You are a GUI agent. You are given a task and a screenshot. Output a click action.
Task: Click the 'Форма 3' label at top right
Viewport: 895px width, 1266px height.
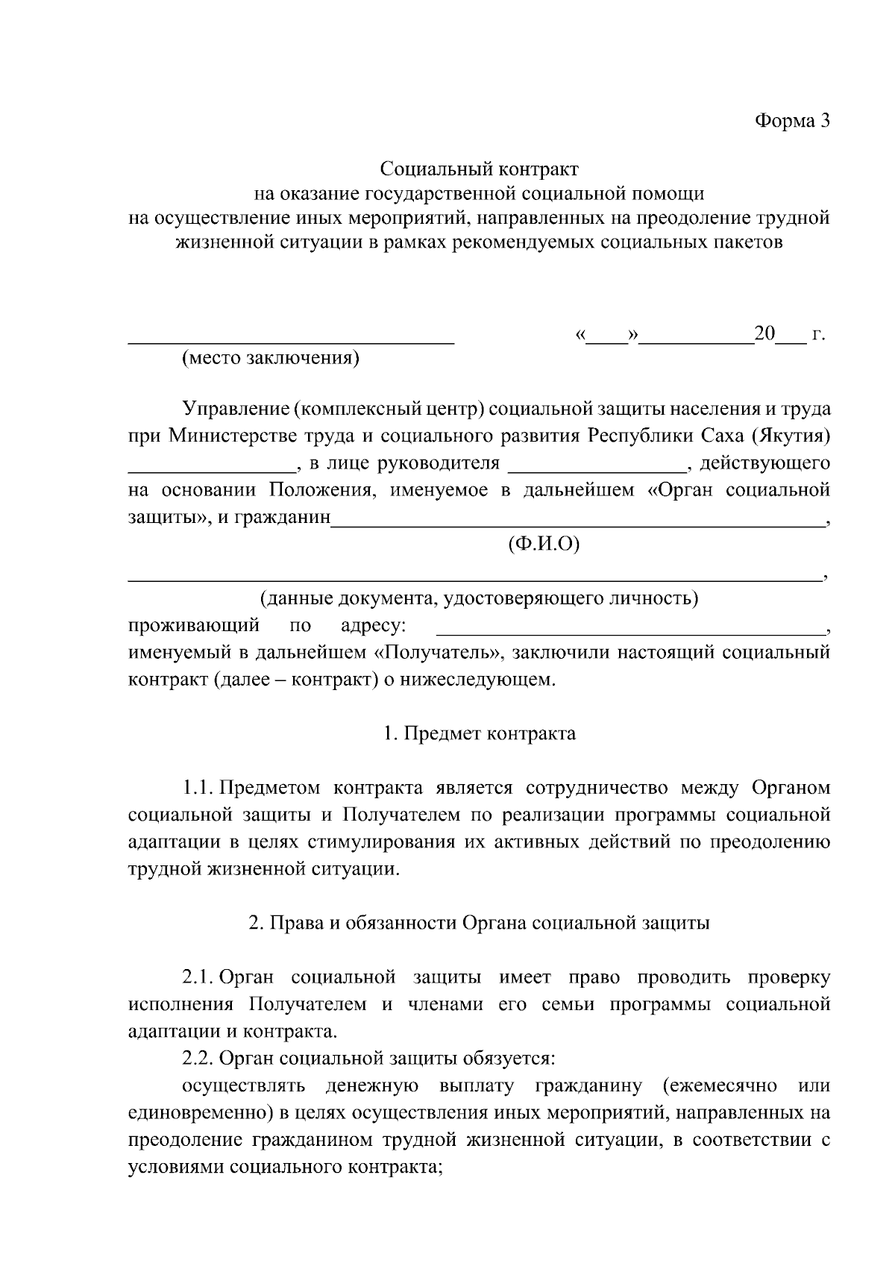pos(792,121)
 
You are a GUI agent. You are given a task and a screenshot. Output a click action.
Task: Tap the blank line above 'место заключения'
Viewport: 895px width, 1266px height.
pos(291,340)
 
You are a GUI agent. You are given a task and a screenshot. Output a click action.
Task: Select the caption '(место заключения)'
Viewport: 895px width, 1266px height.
pos(271,359)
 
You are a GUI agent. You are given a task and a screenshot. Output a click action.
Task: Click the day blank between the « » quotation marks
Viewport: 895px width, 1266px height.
pos(609,337)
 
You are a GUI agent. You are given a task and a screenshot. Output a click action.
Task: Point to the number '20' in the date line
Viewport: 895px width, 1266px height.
pos(765,333)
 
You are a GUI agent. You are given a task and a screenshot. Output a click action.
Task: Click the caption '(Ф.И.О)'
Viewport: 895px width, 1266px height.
pos(543,545)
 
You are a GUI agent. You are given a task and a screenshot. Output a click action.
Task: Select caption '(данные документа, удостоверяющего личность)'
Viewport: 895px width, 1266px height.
pos(479,598)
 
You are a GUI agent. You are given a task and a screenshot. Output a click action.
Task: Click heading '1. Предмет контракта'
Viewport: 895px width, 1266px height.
pos(479,733)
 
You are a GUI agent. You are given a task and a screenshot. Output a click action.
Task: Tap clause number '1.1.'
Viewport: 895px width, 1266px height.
pos(198,788)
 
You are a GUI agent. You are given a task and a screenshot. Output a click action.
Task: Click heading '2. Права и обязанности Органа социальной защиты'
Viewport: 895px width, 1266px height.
pos(479,923)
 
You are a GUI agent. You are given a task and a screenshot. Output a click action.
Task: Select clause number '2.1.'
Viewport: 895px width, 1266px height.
pos(198,977)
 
